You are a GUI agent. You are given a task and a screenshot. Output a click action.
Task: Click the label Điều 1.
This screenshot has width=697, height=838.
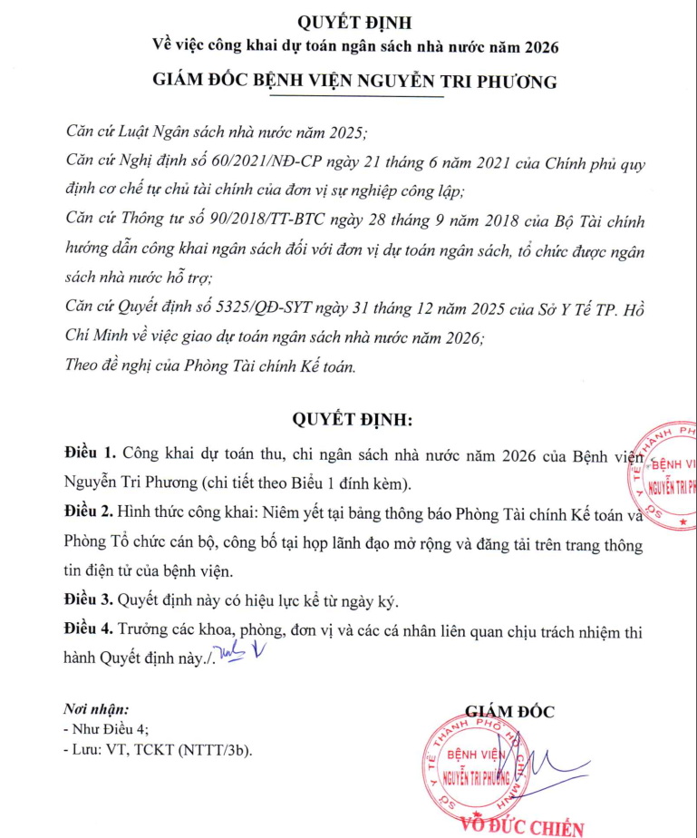click(x=91, y=452)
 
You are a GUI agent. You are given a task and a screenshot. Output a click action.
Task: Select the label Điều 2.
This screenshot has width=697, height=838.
click(x=91, y=514)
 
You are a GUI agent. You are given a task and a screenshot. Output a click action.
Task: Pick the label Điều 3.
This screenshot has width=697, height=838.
click(x=91, y=601)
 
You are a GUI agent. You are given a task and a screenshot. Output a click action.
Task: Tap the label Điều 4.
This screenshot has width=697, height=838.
click(x=91, y=633)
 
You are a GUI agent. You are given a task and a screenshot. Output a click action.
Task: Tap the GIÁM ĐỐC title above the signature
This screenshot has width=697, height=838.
click(x=509, y=712)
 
